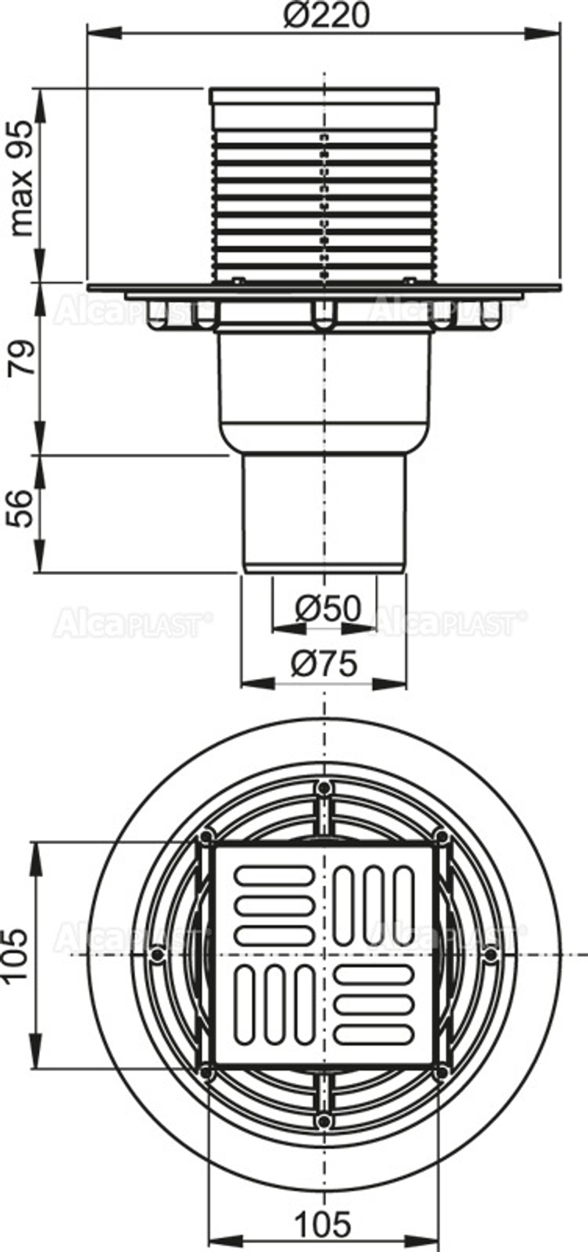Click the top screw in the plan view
323,787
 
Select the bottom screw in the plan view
323,1120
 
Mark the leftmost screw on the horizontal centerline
156,954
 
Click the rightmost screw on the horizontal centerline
490,954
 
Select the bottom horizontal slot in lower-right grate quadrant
373,1033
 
